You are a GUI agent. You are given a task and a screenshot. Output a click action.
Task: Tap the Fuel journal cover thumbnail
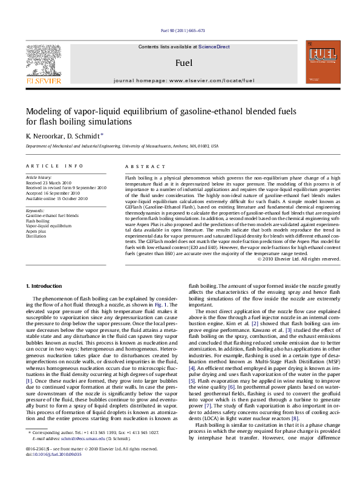322,62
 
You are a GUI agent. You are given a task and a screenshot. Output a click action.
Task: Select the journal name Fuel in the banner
180,62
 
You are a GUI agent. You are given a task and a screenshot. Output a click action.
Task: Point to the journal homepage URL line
179,80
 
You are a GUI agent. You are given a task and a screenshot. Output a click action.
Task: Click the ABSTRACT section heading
140,166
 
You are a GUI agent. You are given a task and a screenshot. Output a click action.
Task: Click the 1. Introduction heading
47,285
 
